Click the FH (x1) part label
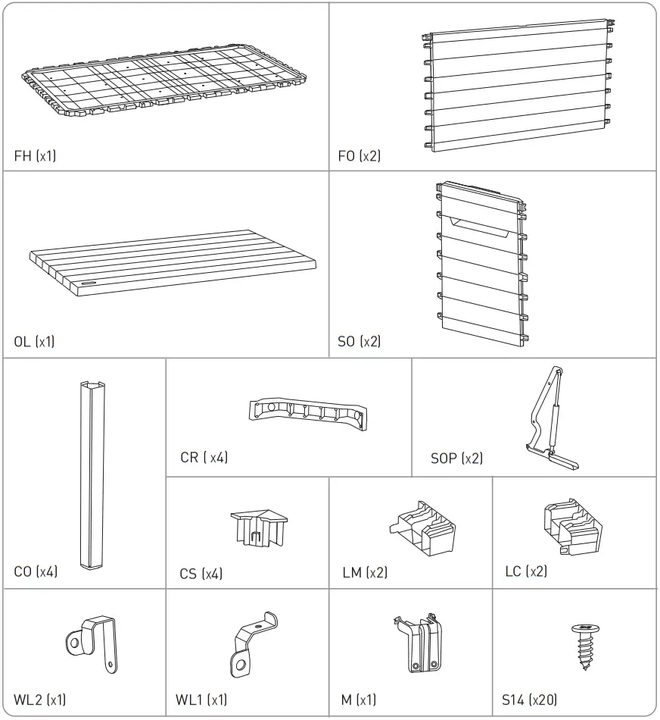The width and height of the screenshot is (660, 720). tap(35, 157)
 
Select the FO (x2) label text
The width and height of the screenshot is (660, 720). tap(360, 157)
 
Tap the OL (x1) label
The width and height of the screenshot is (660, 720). tap(34, 342)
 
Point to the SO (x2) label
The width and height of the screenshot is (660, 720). tap(360, 342)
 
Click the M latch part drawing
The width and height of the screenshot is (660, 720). tap(419, 643)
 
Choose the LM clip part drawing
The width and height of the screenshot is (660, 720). tap(424, 527)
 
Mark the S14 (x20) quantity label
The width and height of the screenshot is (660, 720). tap(533, 699)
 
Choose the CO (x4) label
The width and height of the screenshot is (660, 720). tap(36, 571)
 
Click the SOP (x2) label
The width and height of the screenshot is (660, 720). tap(456, 458)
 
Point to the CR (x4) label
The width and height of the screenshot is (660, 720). tap(204, 457)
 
